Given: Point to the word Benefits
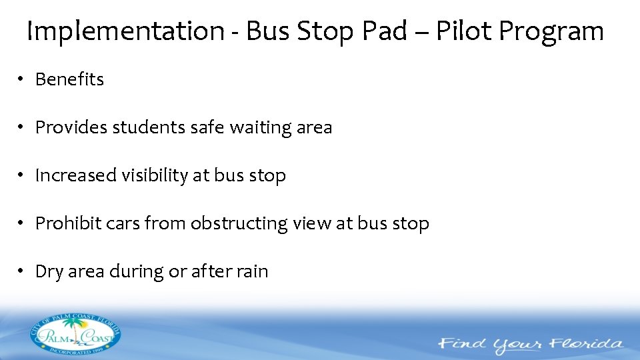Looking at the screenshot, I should [69, 79].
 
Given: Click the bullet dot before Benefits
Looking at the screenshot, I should [21, 80].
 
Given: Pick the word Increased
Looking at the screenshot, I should [75, 175].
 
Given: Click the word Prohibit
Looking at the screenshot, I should [68, 223].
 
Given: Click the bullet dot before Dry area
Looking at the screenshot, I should [21, 272].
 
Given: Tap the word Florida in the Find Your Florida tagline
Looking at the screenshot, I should [583, 345].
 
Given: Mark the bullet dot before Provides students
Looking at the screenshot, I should [21, 128].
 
